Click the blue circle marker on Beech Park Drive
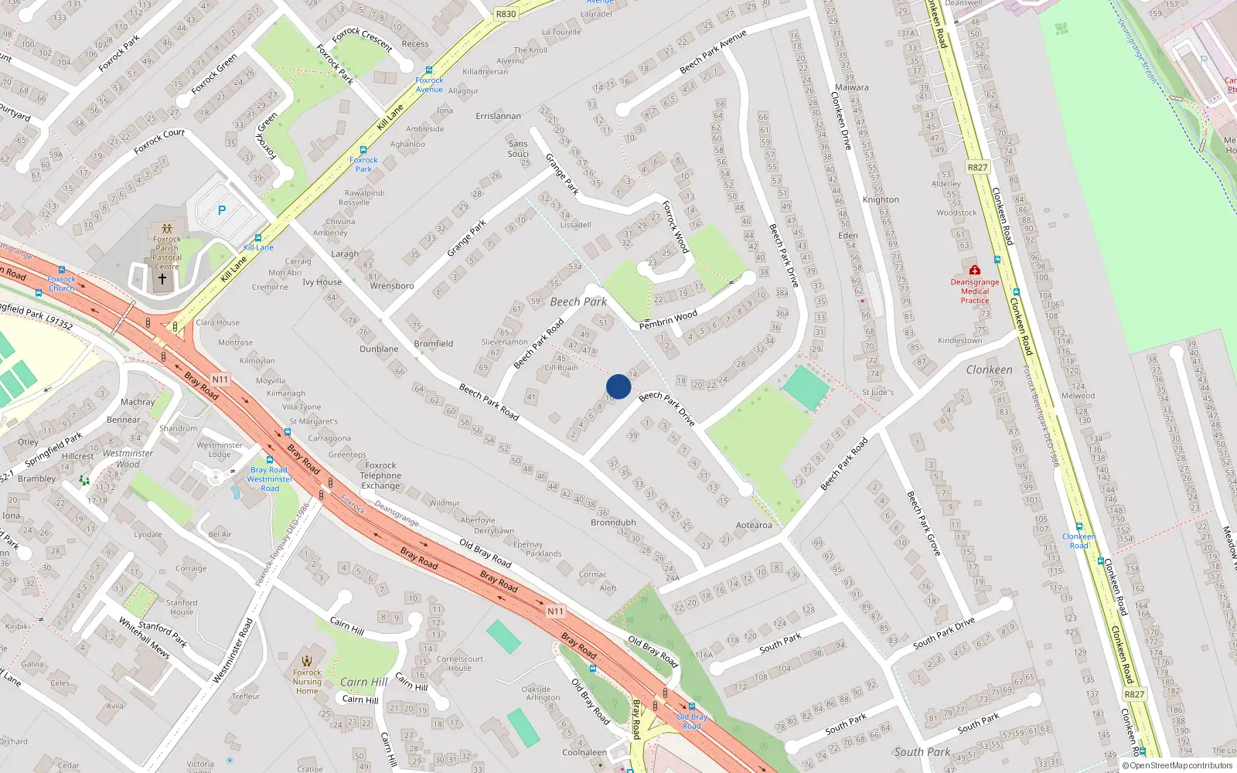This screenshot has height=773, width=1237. point(618,386)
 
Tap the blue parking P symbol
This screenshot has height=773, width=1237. point(222,210)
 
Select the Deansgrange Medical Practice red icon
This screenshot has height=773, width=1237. point(975,271)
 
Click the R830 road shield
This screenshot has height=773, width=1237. point(506,14)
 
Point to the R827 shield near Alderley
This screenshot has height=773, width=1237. point(977,167)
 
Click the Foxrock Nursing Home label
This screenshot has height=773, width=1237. point(307,681)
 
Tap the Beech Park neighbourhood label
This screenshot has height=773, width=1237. point(578,301)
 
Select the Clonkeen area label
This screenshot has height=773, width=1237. point(989,369)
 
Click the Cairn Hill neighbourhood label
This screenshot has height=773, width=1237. point(364,682)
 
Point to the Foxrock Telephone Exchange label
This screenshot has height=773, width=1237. point(380,475)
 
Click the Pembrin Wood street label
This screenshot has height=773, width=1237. point(668,319)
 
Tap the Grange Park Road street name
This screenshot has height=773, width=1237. point(467,237)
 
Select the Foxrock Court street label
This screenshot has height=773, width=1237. point(159,141)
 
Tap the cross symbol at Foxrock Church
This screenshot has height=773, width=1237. point(162,278)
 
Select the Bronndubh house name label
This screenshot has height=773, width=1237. point(613,523)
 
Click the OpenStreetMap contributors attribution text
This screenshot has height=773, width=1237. point(1177,765)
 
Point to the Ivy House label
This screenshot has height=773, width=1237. point(322,282)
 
